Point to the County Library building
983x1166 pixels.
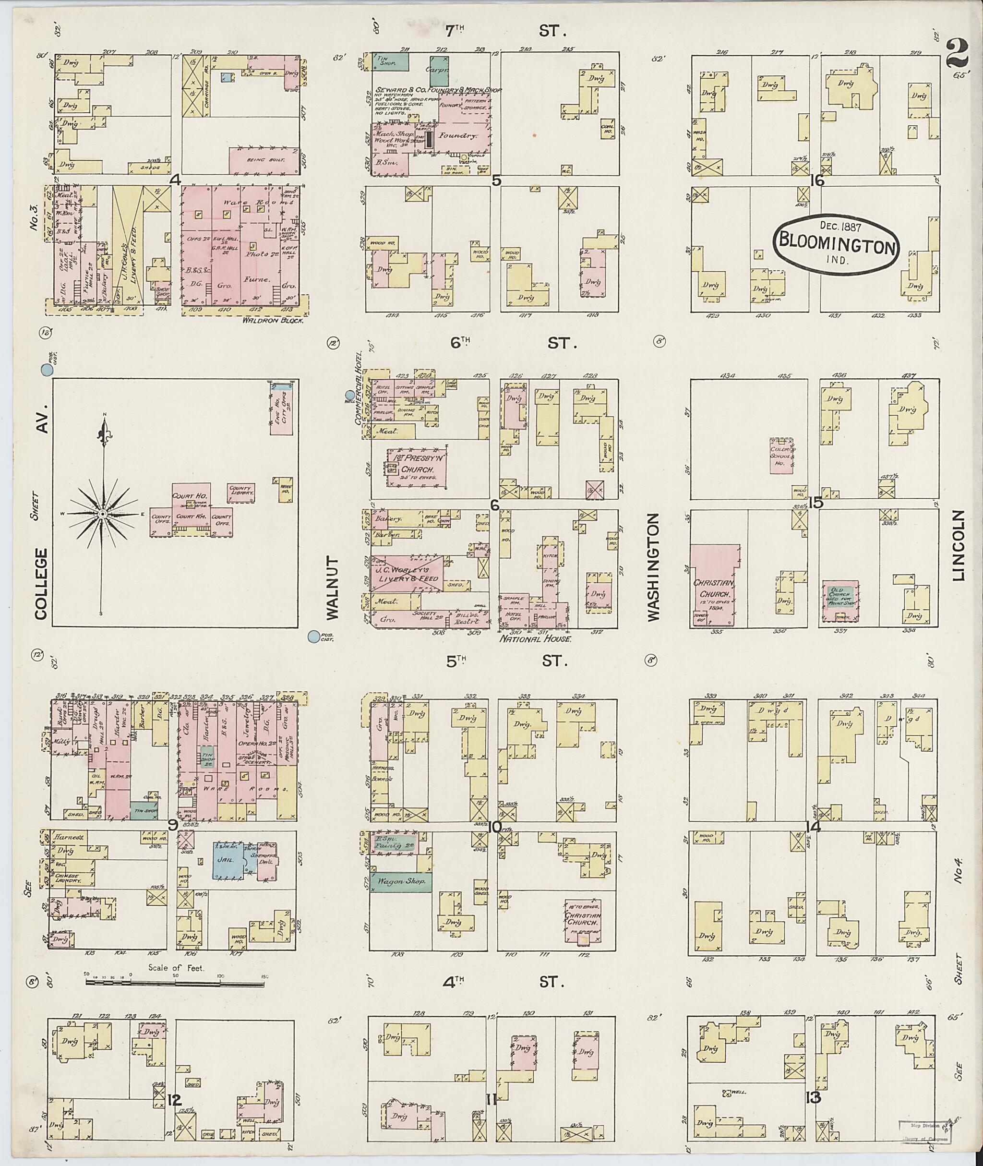pyautogui.click(x=241, y=491)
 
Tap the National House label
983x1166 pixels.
pyautogui.click(x=536, y=639)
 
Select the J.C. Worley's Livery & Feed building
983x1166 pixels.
pyautogui.click(x=408, y=575)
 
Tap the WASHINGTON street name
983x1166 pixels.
pyautogui.click(x=653, y=567)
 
